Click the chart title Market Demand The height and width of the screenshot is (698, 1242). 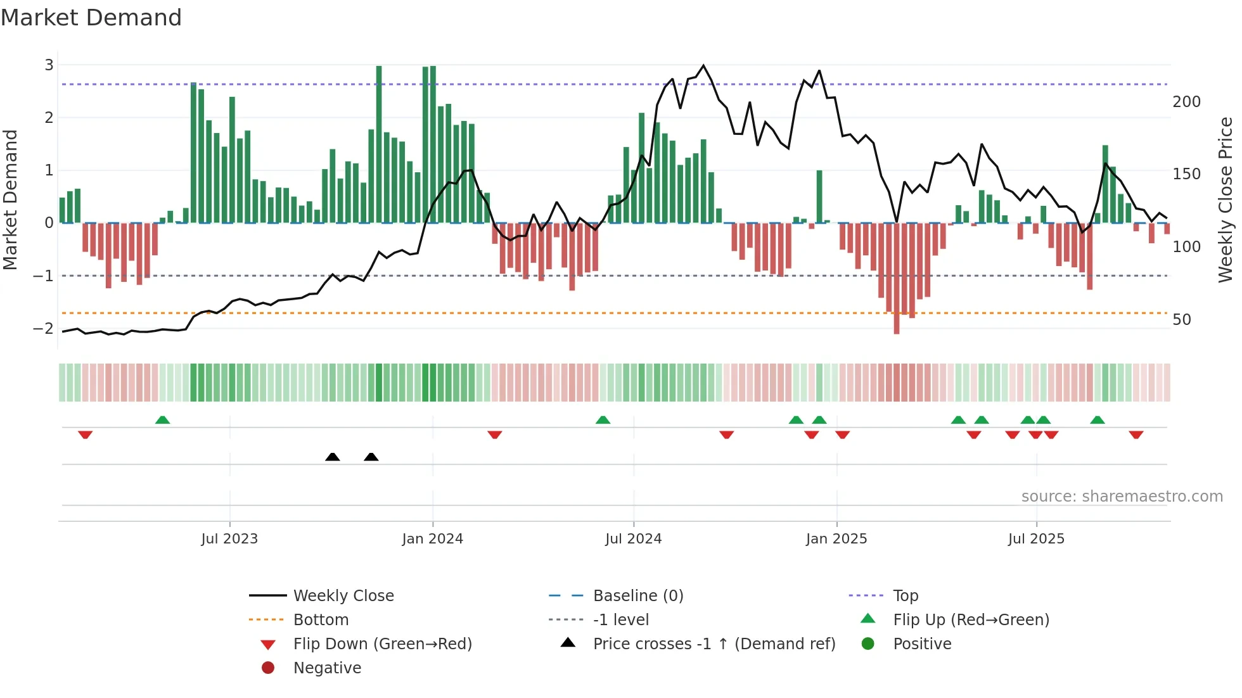click(91, 18)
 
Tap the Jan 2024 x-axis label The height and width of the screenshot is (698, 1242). click(432, 539)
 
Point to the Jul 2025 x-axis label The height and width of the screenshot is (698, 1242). click(1036, 539)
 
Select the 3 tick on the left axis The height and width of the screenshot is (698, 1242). click(49, 65)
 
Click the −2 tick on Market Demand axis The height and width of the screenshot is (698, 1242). click(44, 328)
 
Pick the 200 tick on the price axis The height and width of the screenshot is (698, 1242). click(1186, 101)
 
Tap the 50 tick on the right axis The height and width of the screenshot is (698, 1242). click(1182, 319)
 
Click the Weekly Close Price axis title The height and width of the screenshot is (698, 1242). click(1226, 200)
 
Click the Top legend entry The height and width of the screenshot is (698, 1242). click(905, 595)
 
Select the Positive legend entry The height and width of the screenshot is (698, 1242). click(922, 644)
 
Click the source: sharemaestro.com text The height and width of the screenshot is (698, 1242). click(1122, 496)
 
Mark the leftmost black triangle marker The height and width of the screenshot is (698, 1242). click(332, 457)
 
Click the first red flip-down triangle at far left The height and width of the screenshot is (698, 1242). click(86, 435)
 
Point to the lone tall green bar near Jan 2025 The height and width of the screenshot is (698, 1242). click(819, 196)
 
